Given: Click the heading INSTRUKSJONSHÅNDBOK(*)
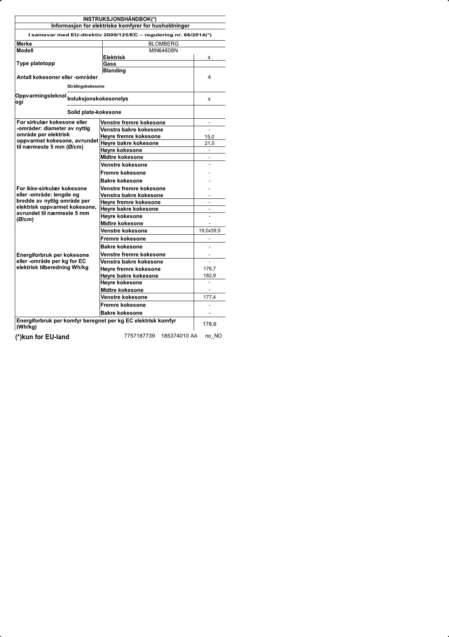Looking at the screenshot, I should click(120, 19).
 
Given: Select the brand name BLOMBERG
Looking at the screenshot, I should click(163, 44).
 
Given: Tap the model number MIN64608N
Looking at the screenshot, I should click(163, 50).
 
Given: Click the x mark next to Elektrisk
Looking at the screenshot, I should click(209, 57).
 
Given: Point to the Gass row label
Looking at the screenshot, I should click(110, 64).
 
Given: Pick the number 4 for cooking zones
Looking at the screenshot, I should click(209, 77).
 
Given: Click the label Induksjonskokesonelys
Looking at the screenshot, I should click(98, 99).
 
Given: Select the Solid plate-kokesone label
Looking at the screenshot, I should click(94, 112).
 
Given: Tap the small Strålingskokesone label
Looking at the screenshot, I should click(86, 86).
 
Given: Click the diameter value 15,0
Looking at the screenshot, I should click(209, 137).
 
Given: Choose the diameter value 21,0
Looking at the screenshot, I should click(209, 143).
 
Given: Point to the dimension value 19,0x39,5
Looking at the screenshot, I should click(209, 231).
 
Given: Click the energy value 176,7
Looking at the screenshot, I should click(209, 269).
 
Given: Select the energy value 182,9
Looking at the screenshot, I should click(209, 276).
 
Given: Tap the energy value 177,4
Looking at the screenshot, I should click(209, 297).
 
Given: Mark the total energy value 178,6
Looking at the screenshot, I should click(209, 324).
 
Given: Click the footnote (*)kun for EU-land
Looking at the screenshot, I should click(42, 337).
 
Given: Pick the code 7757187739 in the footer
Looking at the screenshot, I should click(139, 336).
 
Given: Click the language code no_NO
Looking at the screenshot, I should click(214, 336).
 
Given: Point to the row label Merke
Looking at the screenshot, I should click(24, 44).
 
